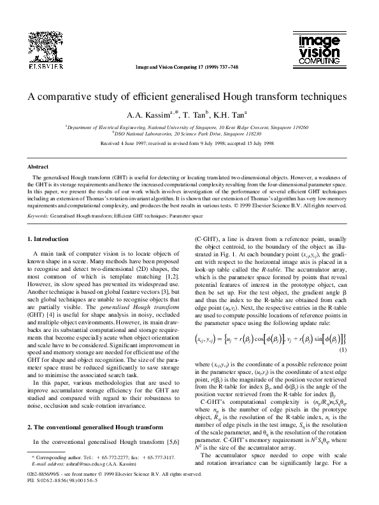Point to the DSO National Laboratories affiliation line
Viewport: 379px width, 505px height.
click(x=189, y=134)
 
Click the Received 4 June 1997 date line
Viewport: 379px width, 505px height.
click(x=189, y=144)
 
